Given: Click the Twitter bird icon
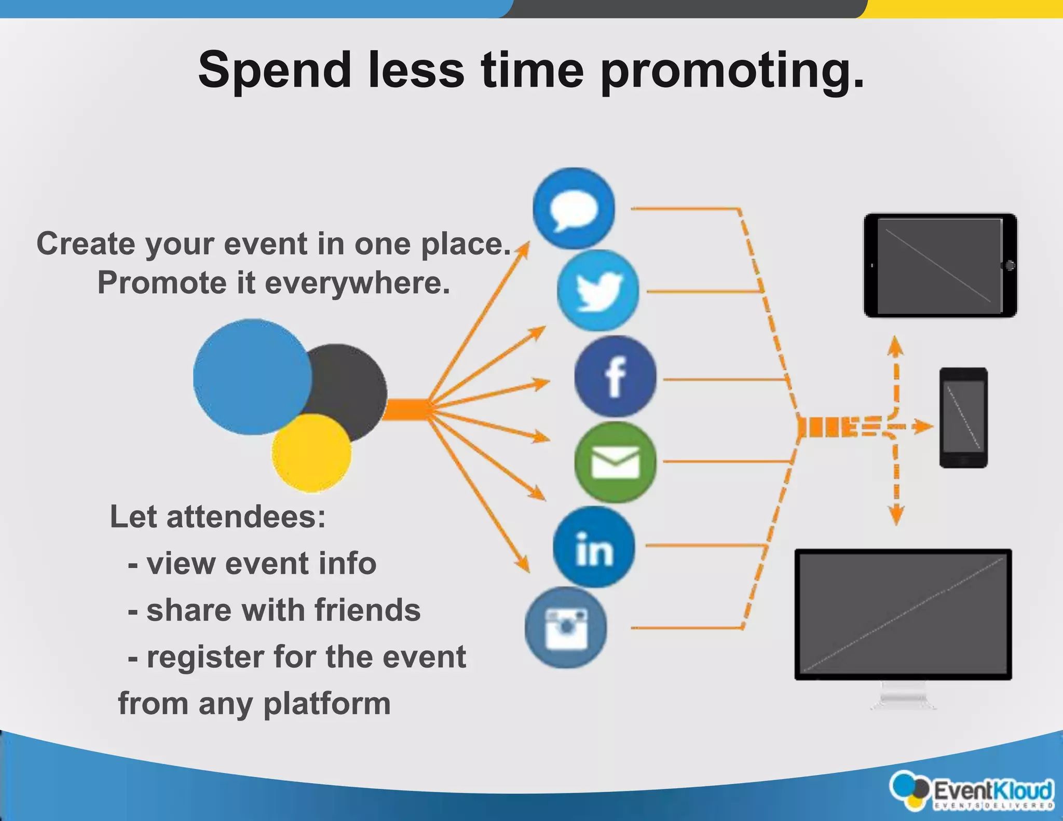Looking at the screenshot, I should [598, 291].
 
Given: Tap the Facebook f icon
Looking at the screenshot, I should [615, 377].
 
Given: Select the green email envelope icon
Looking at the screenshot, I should [615, 462].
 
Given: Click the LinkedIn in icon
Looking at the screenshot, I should [594, 548].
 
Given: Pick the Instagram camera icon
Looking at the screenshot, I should [566, 628].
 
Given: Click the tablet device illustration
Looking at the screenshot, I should [940, 265].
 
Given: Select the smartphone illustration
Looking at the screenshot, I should [963, 418].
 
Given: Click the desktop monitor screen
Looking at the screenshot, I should [903, 614].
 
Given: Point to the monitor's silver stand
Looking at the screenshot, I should [903, 695].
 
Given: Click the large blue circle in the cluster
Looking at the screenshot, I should [252, 376].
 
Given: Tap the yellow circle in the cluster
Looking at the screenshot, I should [311, 453].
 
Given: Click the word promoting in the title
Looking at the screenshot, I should [732, 72].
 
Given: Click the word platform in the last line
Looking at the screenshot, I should [327, 704].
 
